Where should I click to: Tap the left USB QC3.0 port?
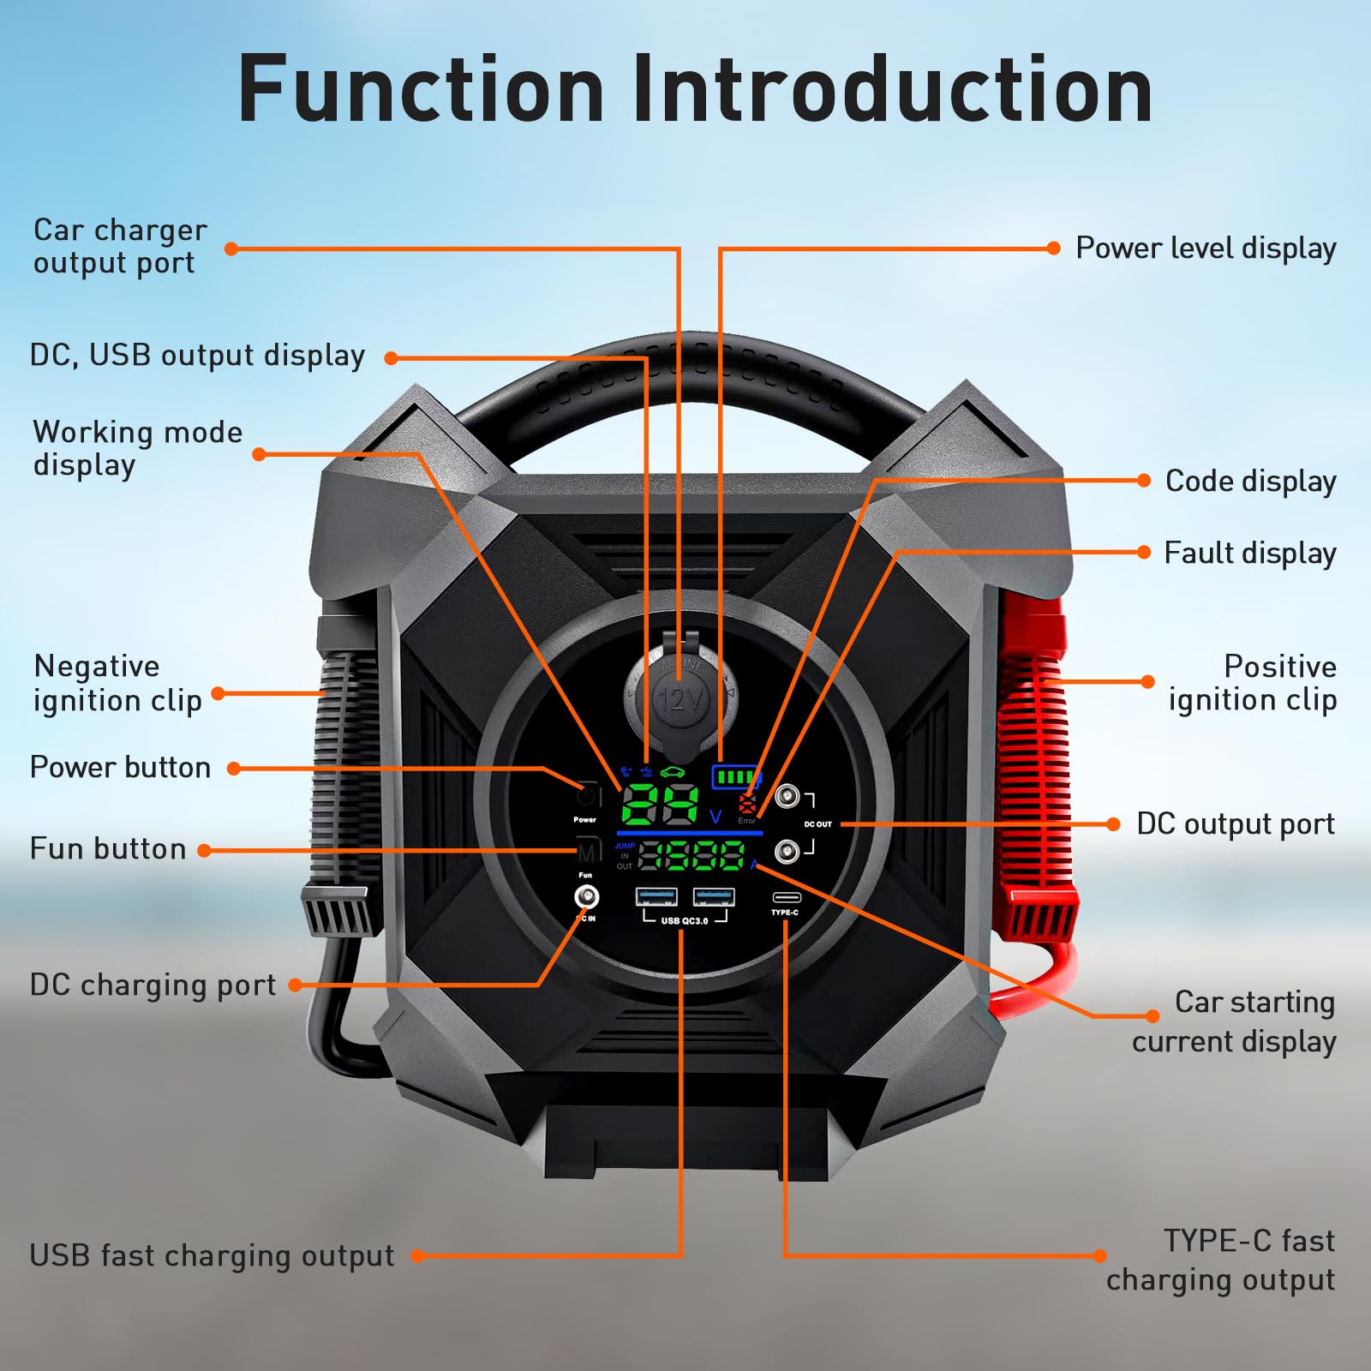(x=656, y=897)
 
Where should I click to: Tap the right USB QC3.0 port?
(x=714, y=897)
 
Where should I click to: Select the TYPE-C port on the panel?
(x=786, y=897)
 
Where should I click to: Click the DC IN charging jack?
(x=587, y=897)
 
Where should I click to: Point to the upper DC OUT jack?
(x=787, y=797)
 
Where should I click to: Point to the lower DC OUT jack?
(x=787, y=851)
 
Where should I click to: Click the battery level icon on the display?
(x=735, y=777)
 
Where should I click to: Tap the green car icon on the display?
(x=673, y=772)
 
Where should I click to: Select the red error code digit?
(x=747, y=804)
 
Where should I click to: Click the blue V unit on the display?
(x=715, y=817)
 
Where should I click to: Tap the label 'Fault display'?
(x=1249, y=554)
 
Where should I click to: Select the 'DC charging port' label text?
(x=153, y=985)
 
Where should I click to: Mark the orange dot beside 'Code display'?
(x=1144, y=481)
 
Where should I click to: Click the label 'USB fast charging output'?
(x=212, y=1256)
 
